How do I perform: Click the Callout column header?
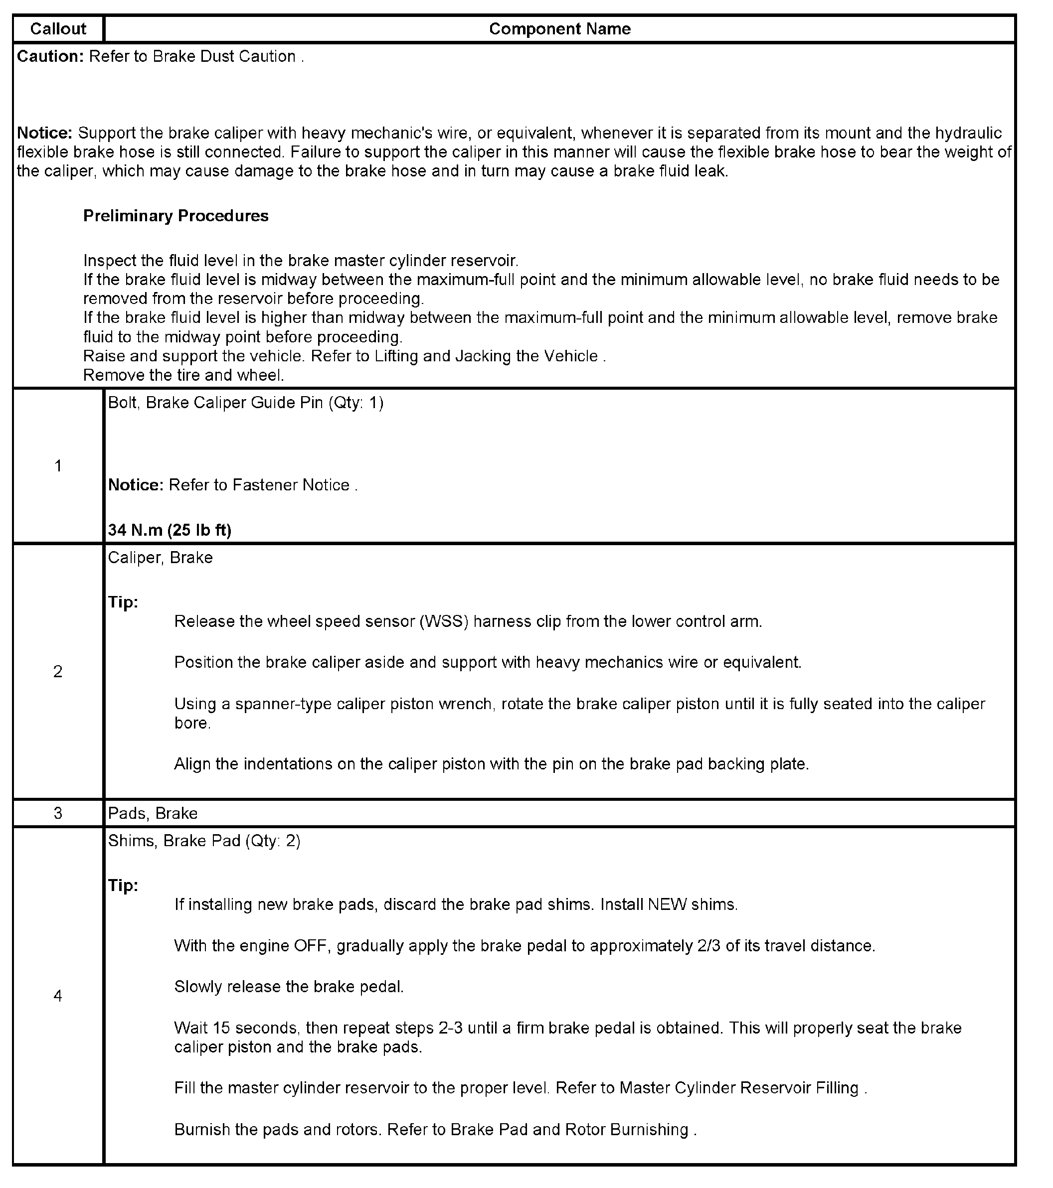pos(58,29)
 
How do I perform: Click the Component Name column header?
pos(559,29)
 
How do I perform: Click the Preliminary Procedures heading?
pos(175,216)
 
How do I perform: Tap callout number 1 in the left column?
pos(58,465)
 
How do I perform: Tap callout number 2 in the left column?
pos(58,671)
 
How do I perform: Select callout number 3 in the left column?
pos(58,813)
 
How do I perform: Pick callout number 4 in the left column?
pos(58,996)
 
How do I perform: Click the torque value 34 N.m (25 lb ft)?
pos(170,530)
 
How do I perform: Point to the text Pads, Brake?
pos(153,813)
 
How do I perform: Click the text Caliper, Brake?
pos(161,558)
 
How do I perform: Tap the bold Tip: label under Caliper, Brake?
pos(123,602)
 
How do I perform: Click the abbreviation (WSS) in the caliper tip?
pos(444,622)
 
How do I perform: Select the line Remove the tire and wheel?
pos(184,375)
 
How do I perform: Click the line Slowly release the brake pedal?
pos(289,987)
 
